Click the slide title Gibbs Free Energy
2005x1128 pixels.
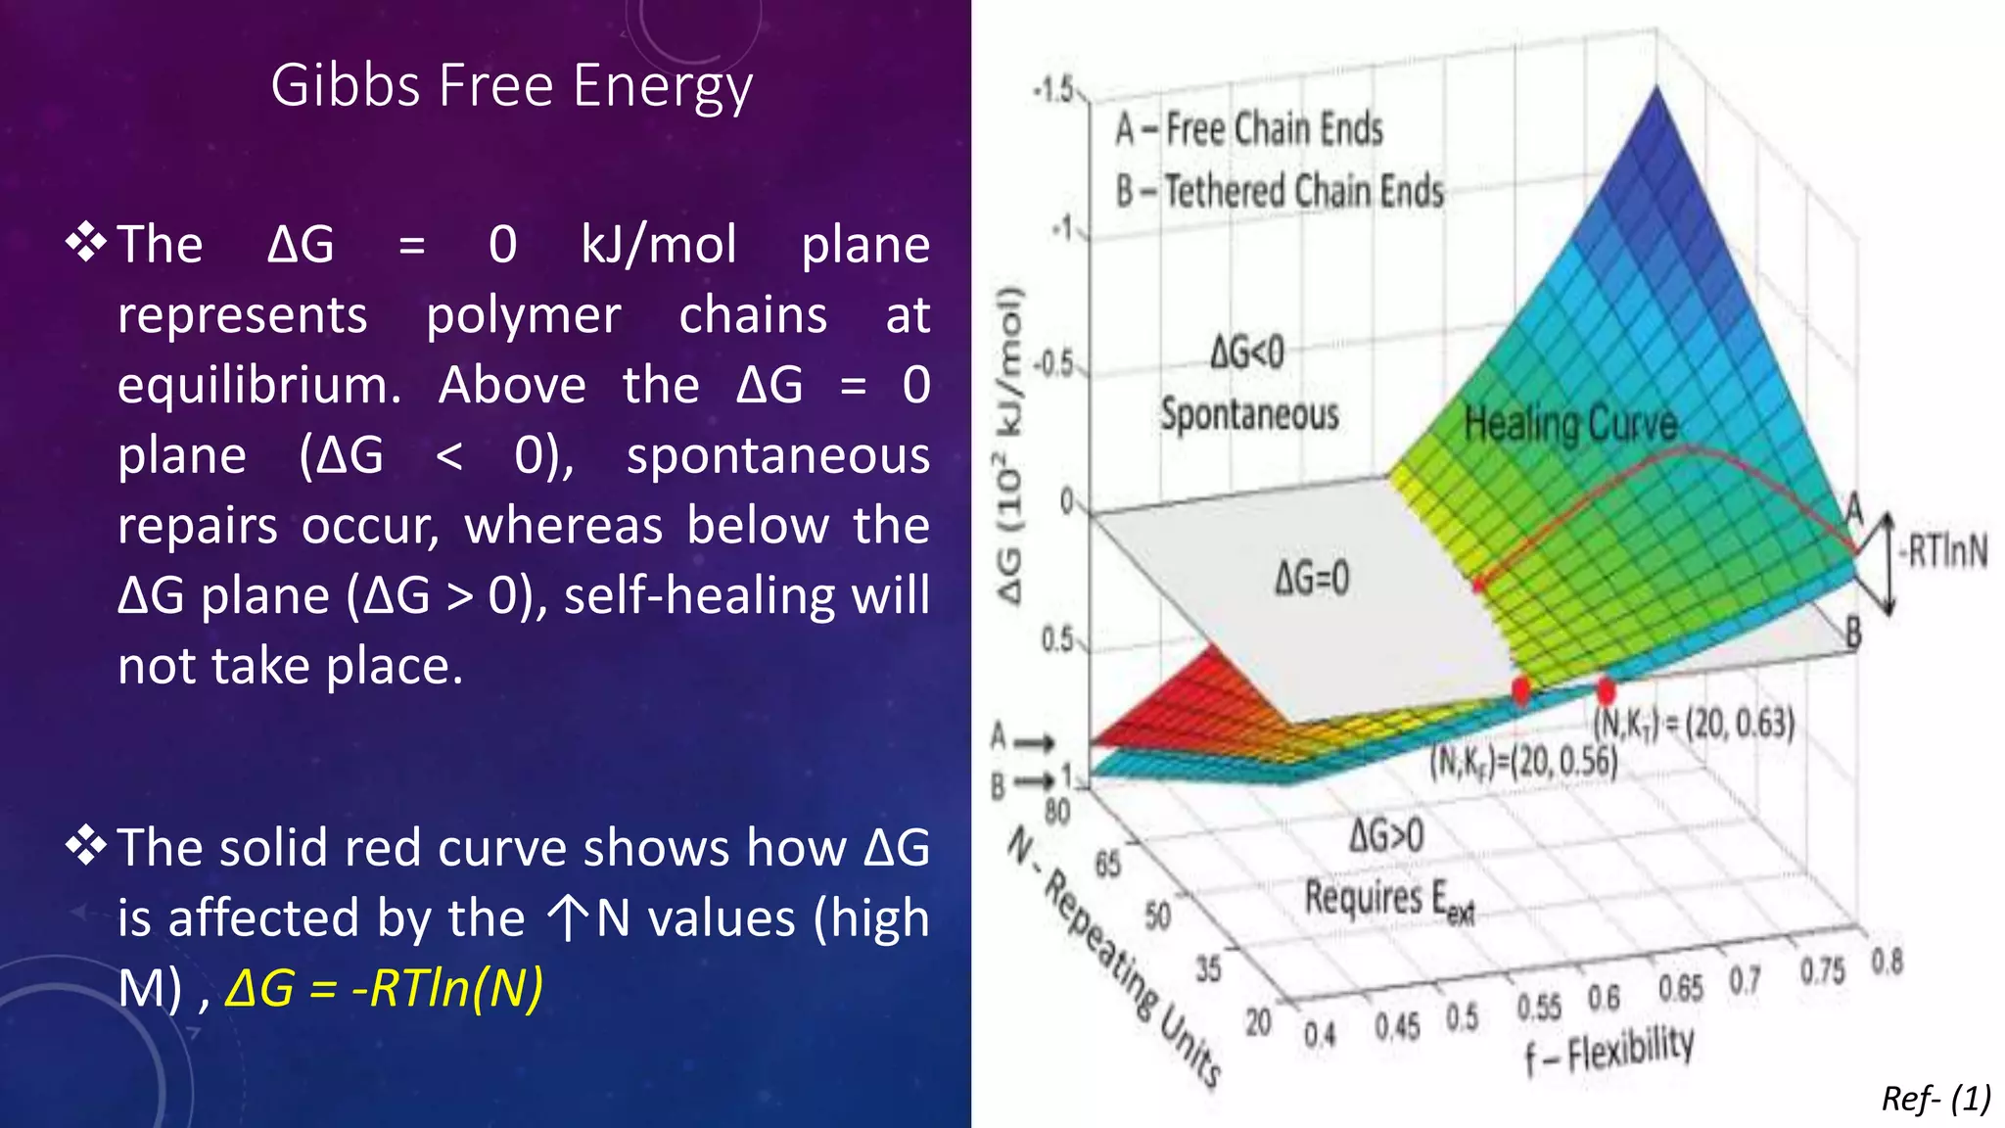511,86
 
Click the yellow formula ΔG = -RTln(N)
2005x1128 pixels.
384,988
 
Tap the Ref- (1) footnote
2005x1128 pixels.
1935,1099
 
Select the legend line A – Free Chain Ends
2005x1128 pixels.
1249,129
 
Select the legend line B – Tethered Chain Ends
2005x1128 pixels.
1280,191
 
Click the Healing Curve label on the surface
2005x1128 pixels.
1570,424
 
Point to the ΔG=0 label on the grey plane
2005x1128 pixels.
1312,578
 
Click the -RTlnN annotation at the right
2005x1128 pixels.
1943,551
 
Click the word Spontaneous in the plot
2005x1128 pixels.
1249,414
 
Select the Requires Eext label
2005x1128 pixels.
1388,898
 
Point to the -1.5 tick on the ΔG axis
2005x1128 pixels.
1053,91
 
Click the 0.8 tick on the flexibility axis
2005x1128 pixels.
1887,962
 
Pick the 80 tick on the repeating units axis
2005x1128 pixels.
1057,812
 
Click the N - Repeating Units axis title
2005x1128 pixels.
1116,956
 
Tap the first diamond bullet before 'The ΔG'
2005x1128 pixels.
86,243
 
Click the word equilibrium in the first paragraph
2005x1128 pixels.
259,385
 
